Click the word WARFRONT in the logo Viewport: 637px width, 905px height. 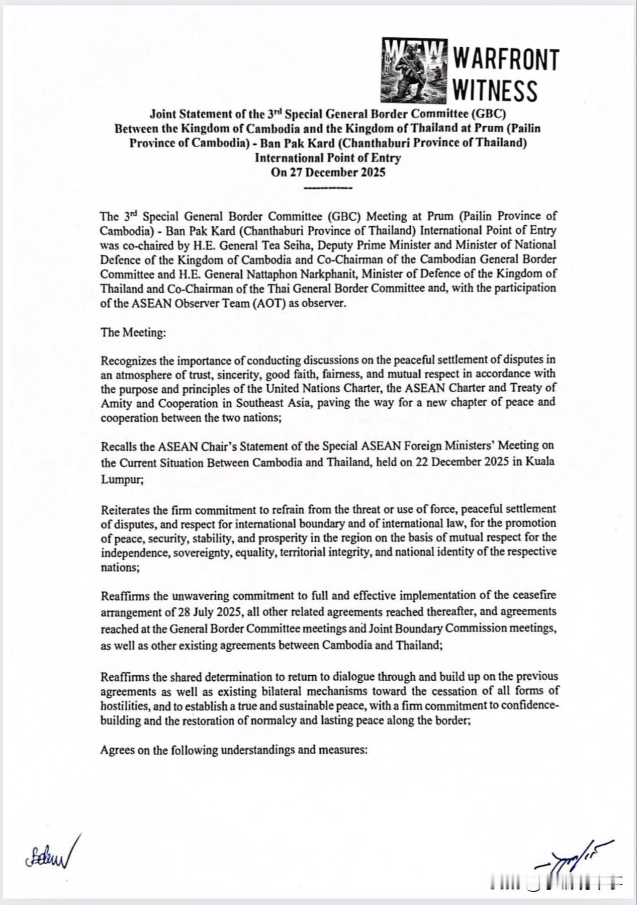pyautogui.click(x=506, y=60)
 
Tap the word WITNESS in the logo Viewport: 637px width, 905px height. pyautogui.click(x=495, y=91)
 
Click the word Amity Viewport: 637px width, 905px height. pyautogui.click(x=116, y=403)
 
